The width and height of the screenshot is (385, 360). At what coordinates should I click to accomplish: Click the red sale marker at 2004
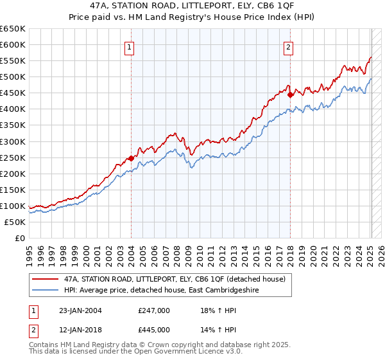[x=131, y=158]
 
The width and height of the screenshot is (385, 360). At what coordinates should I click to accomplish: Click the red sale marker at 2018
[x=290, y=94]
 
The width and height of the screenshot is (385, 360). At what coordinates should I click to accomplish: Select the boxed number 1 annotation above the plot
[x=130, y=47]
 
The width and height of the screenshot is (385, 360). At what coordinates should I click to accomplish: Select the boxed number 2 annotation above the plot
[x=289, y=47]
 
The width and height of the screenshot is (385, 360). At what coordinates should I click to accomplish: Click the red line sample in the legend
[x=46, y=279]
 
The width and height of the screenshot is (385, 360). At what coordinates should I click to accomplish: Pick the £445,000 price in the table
[x=154, y=330]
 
